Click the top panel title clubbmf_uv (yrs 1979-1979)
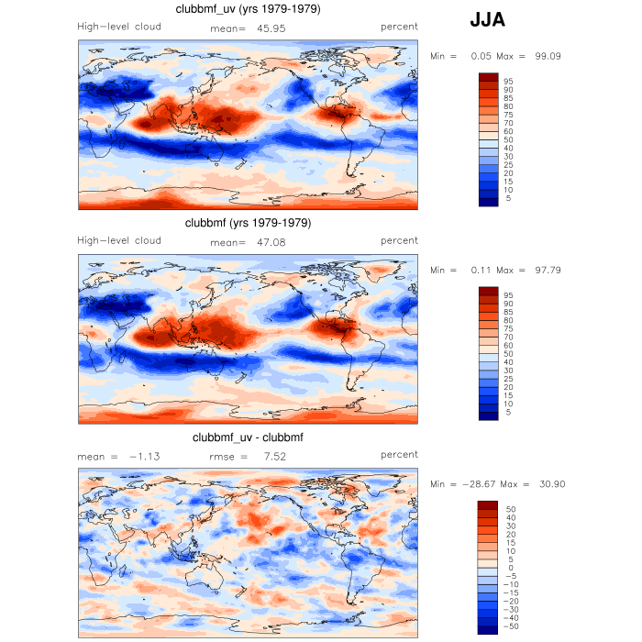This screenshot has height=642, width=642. pos(248,9)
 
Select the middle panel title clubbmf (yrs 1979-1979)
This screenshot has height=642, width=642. pos(248,223)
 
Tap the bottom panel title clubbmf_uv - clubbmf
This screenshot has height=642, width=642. pos(248,437)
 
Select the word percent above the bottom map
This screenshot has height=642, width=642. pos(399,454)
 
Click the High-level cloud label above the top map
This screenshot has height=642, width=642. pos(119,27)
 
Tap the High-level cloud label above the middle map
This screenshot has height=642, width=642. pos(119,240)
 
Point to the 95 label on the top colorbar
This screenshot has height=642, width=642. pos(508,82)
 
